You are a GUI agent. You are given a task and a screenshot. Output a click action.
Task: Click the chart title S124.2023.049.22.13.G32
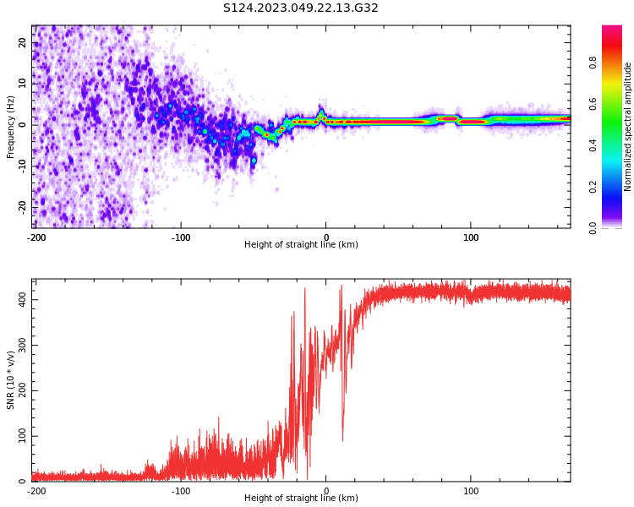(301, 8)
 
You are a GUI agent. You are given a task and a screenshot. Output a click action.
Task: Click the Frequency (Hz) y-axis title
(11, 126)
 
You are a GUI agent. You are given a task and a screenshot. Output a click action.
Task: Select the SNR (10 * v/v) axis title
(11, 379)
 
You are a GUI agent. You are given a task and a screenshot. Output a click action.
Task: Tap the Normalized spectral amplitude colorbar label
(628, 126)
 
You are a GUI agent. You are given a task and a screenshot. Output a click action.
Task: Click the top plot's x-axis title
(301, 245)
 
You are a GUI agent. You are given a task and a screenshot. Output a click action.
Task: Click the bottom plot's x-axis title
(301, 498)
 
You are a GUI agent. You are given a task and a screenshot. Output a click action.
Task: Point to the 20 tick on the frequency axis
(23, 42)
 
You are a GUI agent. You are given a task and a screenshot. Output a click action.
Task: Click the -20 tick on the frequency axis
(21, 206)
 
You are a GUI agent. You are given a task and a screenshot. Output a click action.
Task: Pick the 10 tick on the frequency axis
(23, 83)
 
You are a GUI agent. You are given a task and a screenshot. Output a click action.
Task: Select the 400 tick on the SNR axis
(19, 299)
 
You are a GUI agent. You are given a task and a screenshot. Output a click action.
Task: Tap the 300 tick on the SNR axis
(19, 345)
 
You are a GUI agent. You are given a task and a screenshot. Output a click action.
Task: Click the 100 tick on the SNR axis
(19, 436)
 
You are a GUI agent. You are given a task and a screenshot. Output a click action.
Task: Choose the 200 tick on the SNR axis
(19, 390)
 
